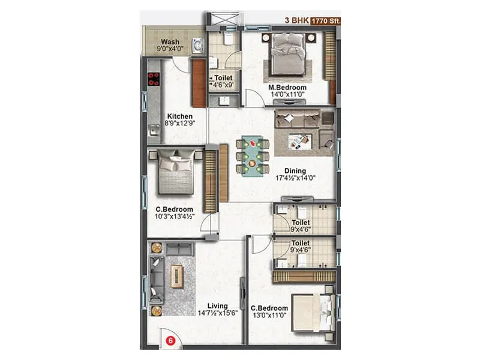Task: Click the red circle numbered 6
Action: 170,341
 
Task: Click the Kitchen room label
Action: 179,116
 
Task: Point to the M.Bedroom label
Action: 287,88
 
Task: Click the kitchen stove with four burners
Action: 153,79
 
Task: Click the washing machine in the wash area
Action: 196,46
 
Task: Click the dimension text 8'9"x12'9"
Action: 179,124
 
